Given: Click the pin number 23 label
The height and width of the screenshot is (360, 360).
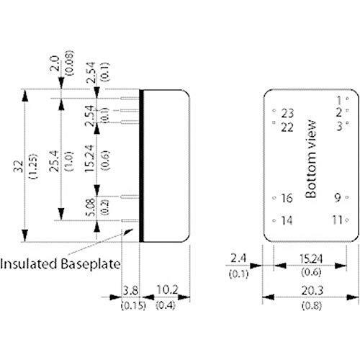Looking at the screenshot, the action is point(287,113).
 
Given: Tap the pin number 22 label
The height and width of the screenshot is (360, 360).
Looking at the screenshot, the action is point(287,127).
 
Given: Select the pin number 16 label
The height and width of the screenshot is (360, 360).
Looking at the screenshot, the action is point(287,198).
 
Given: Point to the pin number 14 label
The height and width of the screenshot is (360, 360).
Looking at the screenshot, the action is point(287,220).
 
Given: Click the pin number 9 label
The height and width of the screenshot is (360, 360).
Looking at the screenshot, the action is point(338,197).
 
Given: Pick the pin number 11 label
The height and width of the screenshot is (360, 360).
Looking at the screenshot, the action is point(337,220).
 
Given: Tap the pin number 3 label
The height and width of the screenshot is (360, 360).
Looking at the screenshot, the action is point(339,126).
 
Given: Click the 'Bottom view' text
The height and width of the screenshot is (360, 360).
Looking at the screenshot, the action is point(311,159).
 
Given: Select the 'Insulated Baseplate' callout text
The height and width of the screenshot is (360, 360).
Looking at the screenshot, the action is point(60,264).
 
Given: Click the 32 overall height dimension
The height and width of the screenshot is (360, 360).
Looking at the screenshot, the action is point(19,166).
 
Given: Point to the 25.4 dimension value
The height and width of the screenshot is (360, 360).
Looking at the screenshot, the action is point(54,161).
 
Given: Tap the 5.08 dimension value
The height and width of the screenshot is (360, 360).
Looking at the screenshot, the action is point(91,207).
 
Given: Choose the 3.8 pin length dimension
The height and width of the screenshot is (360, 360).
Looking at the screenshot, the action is point(130,291).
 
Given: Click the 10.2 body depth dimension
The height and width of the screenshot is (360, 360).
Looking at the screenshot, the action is point(167,289).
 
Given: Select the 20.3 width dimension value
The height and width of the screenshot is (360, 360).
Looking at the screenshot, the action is point(312,290).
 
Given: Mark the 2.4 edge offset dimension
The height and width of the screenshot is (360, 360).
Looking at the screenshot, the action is point(238,258).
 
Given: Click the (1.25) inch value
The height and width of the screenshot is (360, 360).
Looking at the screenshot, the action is point(33,166).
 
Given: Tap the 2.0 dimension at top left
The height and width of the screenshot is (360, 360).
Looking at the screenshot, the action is point(54,63).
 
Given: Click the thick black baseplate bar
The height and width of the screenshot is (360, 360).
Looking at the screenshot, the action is point(141,166).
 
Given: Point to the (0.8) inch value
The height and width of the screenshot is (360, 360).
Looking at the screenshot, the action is point(312,305).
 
